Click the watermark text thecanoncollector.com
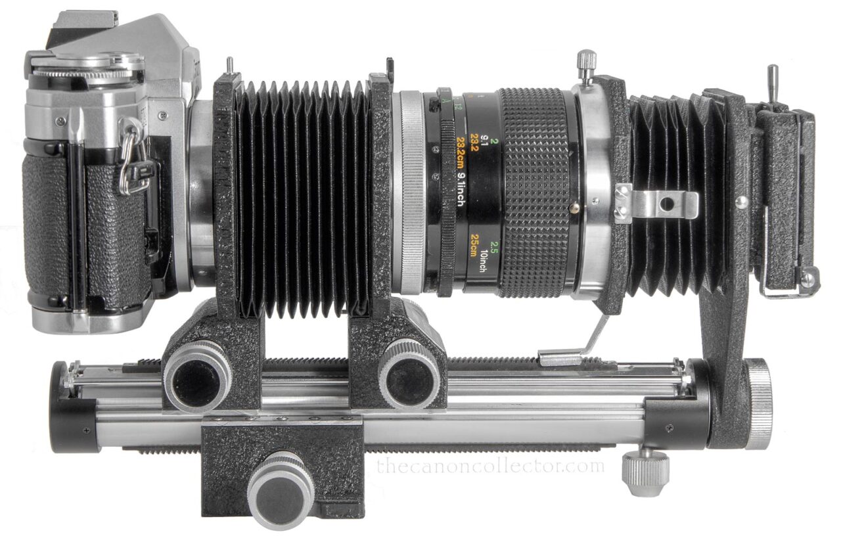point(490,466)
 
